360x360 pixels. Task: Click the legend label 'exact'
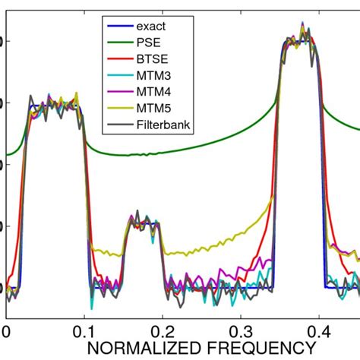click(151, 26)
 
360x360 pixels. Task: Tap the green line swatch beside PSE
click(118, 45)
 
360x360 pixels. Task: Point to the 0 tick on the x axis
click(6, 332)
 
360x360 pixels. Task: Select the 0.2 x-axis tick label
click(161, 332)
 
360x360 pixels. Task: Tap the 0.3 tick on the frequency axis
click(238, 332)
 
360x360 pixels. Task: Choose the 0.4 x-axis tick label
click(316, 332)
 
